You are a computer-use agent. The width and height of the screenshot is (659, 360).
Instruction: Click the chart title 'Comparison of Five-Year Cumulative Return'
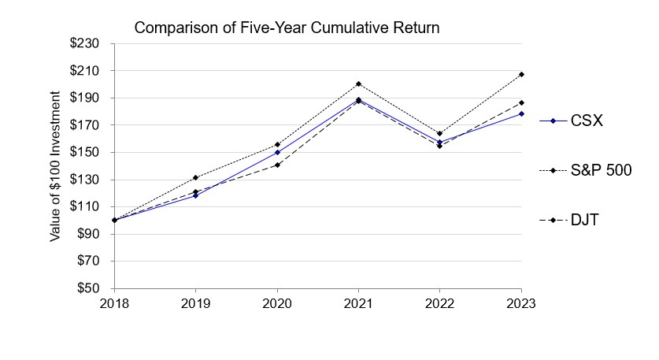[x=287, y=28]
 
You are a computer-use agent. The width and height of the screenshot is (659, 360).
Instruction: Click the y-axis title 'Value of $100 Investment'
[x=56, y=166]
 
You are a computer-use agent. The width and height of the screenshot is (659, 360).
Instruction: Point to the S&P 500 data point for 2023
[x=521, y=75]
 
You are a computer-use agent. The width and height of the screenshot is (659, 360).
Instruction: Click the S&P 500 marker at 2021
[x=358, y=84]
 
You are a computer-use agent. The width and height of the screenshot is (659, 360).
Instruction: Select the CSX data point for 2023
[x=521, y=114]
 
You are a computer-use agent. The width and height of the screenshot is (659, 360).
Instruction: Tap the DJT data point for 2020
[x=277, y=165]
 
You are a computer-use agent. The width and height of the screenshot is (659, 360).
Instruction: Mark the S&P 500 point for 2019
[x=195, y=177]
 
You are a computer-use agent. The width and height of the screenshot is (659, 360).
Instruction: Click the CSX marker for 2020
[x=277, y=152]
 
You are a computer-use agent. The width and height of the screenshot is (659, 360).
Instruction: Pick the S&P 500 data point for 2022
[x=439, y=134]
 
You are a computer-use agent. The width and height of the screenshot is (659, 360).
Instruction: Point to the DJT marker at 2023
[x=521, y=102]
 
